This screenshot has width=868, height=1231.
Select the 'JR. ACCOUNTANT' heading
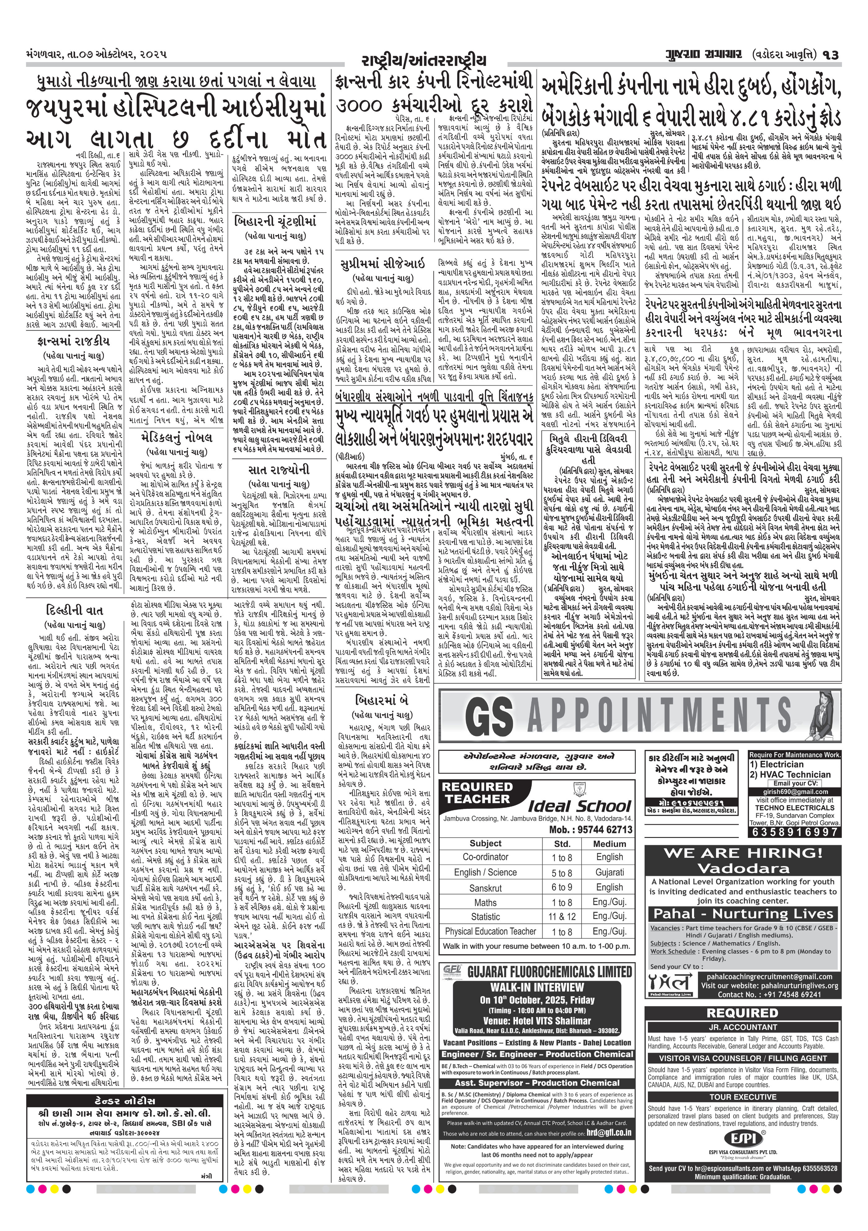tap(742, 1027)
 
